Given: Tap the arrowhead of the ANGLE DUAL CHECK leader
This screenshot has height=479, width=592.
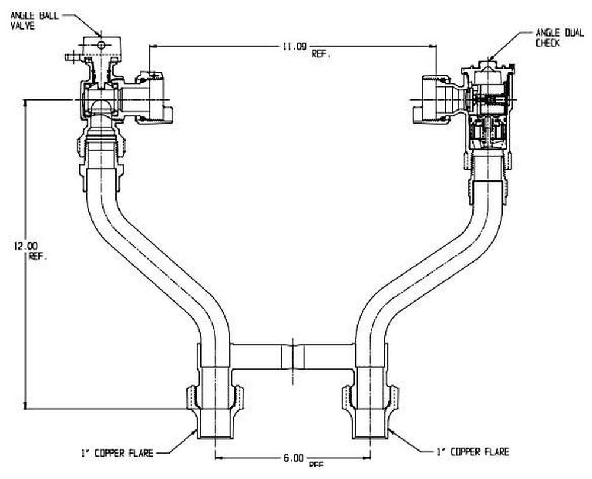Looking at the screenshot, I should tap(490, 57).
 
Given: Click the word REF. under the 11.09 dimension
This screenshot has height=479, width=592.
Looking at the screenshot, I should tap(320, 54).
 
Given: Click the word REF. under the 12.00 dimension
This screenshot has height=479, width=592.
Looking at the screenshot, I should tap(37, 257).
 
